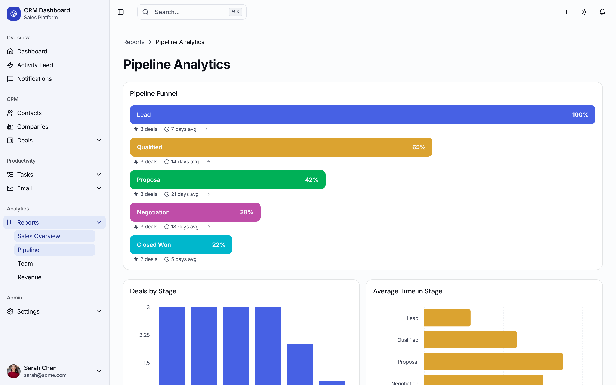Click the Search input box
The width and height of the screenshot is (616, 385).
coord(188,12)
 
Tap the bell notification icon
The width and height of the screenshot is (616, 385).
coord(602,12)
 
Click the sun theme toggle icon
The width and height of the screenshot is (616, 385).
coord(584,12)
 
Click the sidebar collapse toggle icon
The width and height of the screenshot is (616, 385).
coord(121,12)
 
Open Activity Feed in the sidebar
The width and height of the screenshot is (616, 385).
coord(35,65)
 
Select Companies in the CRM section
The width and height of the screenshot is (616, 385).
coord(33,127)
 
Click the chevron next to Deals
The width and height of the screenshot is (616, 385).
coord(99,140)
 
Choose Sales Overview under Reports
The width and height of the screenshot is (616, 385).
coord(39,236)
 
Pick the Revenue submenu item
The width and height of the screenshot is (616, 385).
coord(30,277)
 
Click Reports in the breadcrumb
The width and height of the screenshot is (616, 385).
coord(134,42)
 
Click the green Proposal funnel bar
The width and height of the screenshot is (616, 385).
coord(227,180)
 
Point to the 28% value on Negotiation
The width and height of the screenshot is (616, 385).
coord(246,212)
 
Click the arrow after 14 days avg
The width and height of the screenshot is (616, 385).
coord(208,162)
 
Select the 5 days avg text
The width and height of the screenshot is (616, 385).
coord(184,259)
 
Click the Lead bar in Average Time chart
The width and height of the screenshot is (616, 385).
coord(447,318)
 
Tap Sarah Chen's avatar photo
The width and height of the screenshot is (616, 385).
coord(14,371)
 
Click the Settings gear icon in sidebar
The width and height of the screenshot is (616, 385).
coord(10,311)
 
